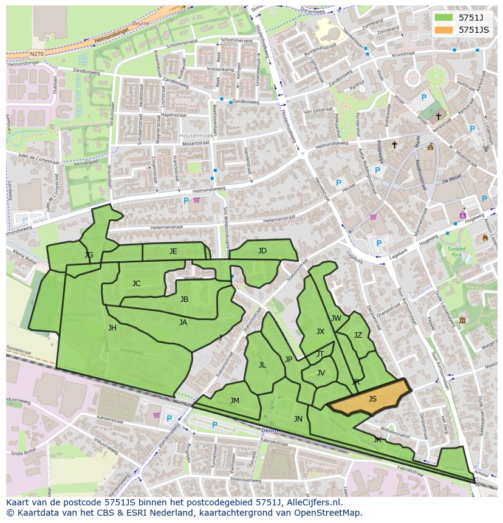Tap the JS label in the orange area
point(372,399)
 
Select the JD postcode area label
point(262,251)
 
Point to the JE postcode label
point(173,251)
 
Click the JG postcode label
point(89,255)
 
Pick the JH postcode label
point(112,328)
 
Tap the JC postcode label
point(136,284)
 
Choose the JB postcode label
point(184,299)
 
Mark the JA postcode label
point(183,323)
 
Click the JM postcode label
point(234,400)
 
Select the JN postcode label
point(298,419)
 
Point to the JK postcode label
point(377,439)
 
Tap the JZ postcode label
point(358,335)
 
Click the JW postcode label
point(336,318)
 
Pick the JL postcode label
point(262,365)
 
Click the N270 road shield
point(36,54)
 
